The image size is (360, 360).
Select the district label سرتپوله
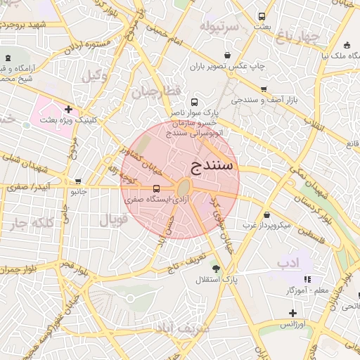point(219,26)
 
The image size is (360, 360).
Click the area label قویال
point(113,219)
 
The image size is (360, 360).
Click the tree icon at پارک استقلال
point(216,268)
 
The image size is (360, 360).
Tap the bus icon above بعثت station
point(262,16)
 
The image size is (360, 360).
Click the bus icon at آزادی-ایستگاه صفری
point(156,188)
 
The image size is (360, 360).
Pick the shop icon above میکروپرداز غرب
point(266,215)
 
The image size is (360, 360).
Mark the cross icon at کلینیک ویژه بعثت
point(68,109)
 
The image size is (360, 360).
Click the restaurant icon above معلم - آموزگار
point(307,279)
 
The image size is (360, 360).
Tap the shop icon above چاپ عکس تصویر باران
point(227,55)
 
